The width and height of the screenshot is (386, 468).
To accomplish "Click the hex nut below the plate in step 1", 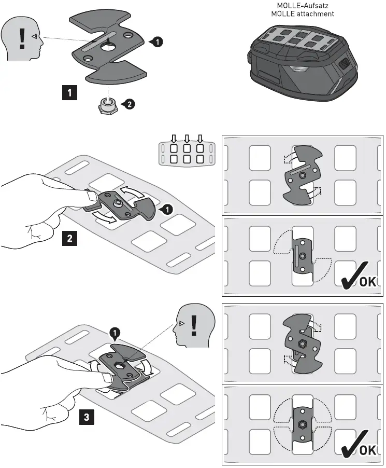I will pos(108,106).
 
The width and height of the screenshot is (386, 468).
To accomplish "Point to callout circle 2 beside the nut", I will pos(128,104).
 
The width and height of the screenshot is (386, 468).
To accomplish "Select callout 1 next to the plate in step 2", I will pos(167,210).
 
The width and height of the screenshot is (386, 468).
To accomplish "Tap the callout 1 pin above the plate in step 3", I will pos(114,331).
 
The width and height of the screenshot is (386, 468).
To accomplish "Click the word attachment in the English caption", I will pos(317,14).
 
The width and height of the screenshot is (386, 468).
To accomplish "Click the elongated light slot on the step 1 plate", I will pos(93,44).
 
